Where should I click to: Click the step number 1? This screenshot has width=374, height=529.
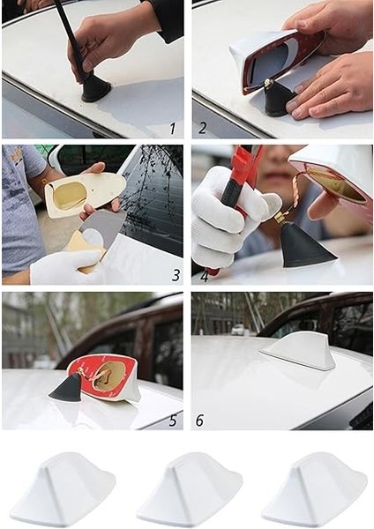tap(172, 129)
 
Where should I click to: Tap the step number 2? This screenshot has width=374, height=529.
tap(202, 129)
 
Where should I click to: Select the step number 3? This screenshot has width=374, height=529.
tap(176, 275)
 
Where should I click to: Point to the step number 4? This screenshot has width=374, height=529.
tap(204, 275)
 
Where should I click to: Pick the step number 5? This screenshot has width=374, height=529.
tap(172, 421)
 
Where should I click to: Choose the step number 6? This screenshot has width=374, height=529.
tap(199, 421)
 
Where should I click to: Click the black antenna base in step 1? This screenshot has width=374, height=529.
tap(95, 87)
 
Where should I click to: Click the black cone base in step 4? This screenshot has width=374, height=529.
tap(305, 248)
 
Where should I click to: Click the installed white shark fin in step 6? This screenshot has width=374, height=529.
tap(300, 351)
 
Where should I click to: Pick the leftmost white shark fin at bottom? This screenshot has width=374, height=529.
tap(63, 490)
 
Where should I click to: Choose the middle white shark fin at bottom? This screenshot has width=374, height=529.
tap(189, 490)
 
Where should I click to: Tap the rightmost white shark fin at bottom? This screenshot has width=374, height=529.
tap(314, 490)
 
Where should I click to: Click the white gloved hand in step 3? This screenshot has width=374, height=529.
tap(62, 267)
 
